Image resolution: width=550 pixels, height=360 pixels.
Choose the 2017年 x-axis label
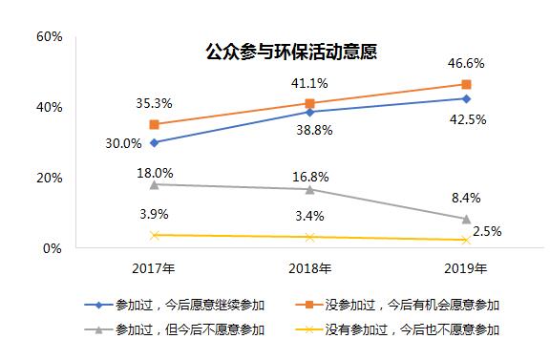click(155, 267)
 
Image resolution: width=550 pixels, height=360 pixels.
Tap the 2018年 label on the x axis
click(310, 267)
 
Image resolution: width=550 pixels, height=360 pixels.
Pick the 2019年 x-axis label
click(466, 267)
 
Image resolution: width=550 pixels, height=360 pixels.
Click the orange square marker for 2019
click(466, 84)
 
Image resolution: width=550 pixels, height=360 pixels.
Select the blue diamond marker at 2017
click(155, 142)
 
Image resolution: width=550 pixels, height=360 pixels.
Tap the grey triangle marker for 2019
click(466, 219)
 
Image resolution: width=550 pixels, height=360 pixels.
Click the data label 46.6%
click(466, 63)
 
